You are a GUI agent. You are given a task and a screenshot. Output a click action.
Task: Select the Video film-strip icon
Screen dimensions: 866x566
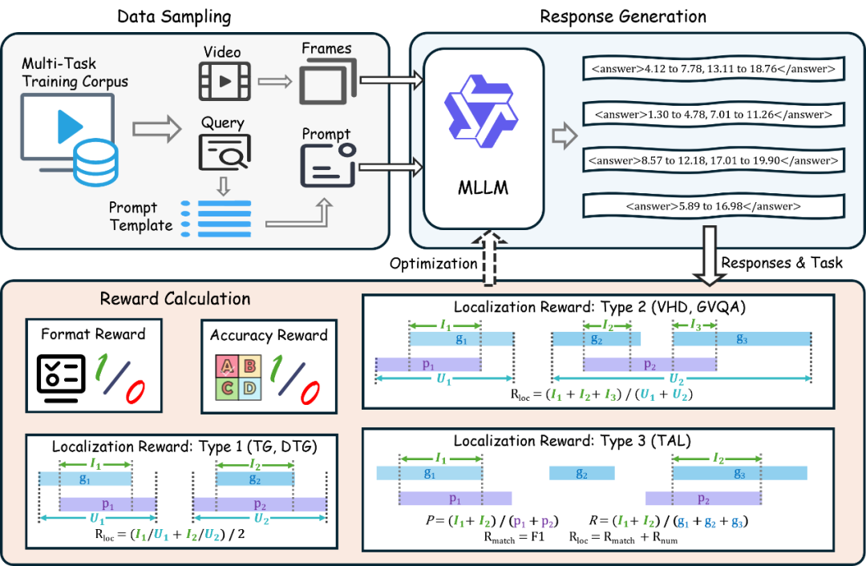[225, 81]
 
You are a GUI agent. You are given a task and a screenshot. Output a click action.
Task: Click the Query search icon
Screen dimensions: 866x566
[225, 152]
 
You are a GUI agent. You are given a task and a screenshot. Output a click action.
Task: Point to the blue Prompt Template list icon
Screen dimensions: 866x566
[216, 219]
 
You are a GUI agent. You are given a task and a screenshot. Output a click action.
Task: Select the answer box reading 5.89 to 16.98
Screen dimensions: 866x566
[714, 207]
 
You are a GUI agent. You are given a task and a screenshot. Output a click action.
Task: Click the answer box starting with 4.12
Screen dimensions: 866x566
[714, 69]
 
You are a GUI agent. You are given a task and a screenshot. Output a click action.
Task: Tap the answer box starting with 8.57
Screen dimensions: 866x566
[714, 160]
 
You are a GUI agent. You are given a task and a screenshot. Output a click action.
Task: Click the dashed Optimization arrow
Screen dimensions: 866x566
[488, 259]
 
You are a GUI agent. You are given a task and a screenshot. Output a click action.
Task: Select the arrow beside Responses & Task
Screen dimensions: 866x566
[709, 256]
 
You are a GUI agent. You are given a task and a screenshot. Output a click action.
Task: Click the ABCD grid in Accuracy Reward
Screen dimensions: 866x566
[238, 377]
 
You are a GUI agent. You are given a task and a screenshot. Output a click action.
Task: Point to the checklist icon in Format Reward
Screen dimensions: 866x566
[61, 378]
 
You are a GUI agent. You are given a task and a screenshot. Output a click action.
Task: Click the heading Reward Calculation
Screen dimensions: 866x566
[175, 299]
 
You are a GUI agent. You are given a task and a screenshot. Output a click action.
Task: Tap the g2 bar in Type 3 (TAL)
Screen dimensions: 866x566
[581, 473]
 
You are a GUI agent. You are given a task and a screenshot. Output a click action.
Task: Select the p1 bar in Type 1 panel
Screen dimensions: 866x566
[107, 504]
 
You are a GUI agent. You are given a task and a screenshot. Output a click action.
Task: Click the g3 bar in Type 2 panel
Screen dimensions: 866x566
[742, 339]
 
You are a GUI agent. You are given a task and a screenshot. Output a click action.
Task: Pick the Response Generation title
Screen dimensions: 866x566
[623, 17]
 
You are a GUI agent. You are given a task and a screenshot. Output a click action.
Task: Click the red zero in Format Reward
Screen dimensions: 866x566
[136, 391]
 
